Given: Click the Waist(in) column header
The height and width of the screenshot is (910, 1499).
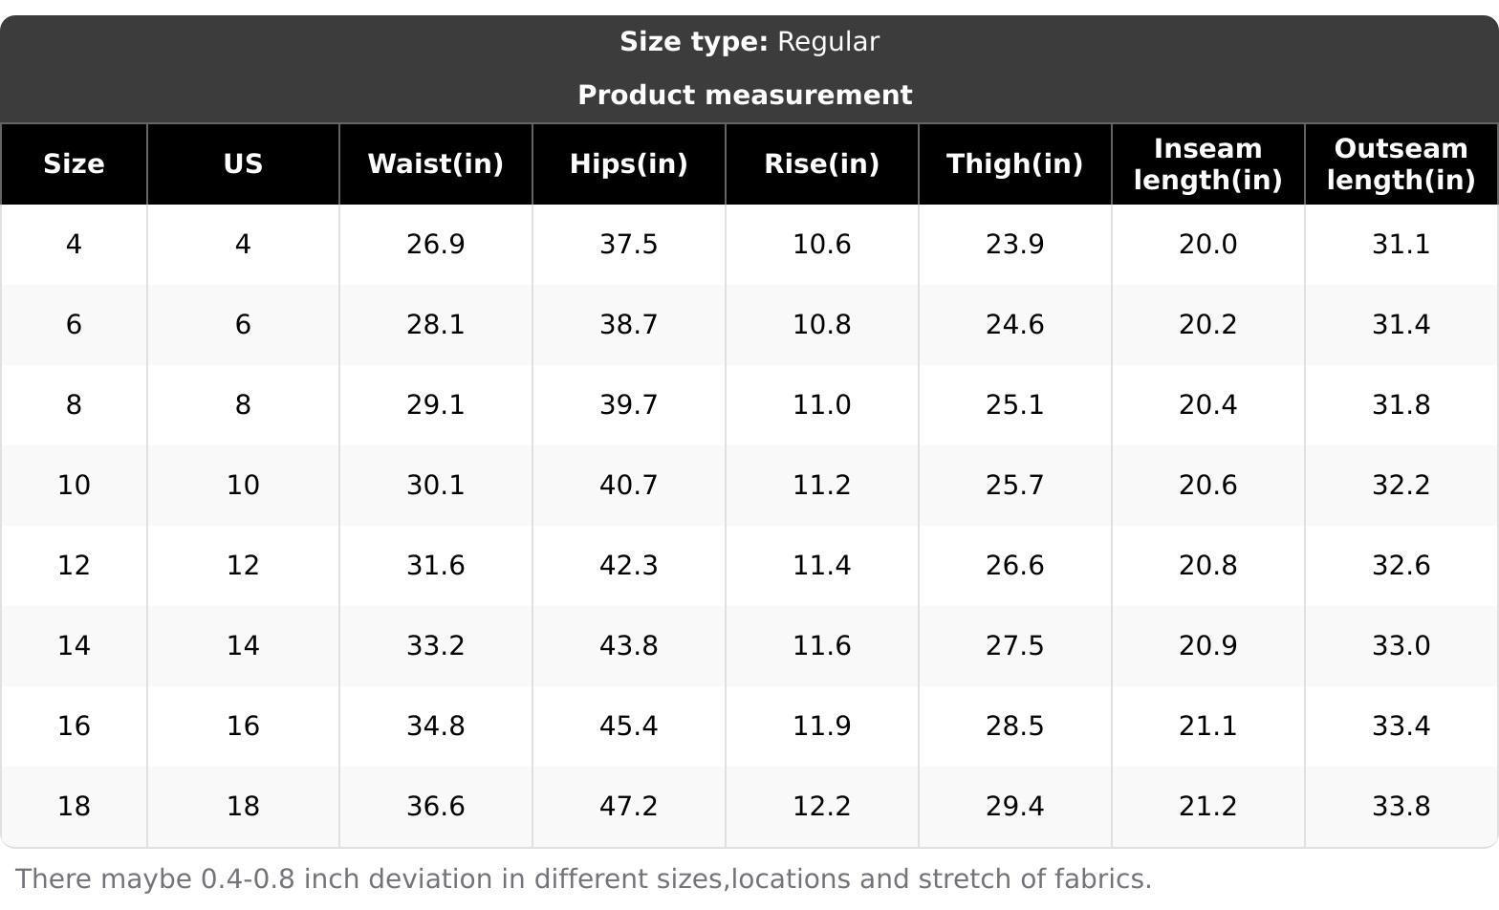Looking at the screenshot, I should [436, 163].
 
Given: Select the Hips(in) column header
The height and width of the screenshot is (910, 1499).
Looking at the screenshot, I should [628, 163].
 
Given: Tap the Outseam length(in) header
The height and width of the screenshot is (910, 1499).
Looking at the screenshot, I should [1401, 163].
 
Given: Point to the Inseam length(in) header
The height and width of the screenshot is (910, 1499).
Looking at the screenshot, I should [1207, 163].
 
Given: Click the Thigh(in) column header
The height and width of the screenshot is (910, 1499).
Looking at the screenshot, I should [1014, 163].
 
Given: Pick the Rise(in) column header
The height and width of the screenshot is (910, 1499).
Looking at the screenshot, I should [821, 163].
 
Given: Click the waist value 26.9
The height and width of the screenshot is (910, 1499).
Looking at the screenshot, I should [436, 245].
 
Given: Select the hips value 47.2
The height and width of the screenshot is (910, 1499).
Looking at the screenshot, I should [628, 806].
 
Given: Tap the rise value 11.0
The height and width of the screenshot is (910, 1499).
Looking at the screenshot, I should [821, 405].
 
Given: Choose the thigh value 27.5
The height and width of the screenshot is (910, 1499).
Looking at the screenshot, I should [1014, 645].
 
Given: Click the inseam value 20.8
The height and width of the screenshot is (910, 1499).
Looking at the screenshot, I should [1207, 565].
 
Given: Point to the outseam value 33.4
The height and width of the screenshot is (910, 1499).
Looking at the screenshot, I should [1401, 726].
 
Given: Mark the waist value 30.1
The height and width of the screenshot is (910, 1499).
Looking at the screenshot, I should [436, 485].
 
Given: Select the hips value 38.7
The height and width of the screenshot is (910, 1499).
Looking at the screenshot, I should [628, 325].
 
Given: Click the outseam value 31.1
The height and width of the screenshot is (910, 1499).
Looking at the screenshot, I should [1401, 245].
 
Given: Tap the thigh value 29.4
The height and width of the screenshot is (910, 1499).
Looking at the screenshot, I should [1014, 806].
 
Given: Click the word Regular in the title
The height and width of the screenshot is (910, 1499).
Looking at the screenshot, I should [828, 42].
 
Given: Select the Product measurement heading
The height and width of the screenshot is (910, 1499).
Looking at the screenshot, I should [745, 96].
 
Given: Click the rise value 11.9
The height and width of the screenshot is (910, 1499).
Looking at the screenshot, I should [821, 726].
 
